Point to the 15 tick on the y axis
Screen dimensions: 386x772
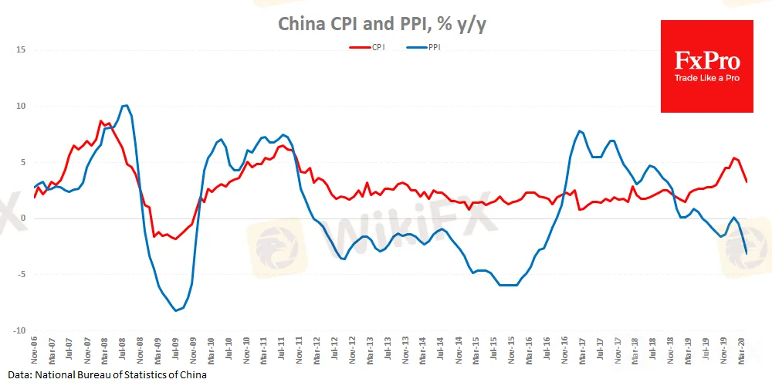pos(22,50)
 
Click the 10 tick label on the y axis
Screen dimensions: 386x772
pos(22,107)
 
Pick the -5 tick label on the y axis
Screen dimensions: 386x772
pos(22,274)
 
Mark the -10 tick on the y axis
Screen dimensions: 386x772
pos(20,330)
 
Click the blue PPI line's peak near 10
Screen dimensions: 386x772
pos(126,105)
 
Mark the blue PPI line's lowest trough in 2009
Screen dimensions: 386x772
pos(176,310)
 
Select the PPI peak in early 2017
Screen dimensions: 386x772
pos(579,131)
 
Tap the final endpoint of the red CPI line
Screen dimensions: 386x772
pos(746,181)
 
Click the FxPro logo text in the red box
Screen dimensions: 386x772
pos(706,60)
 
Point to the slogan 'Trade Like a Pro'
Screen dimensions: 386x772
pos(706,79)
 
